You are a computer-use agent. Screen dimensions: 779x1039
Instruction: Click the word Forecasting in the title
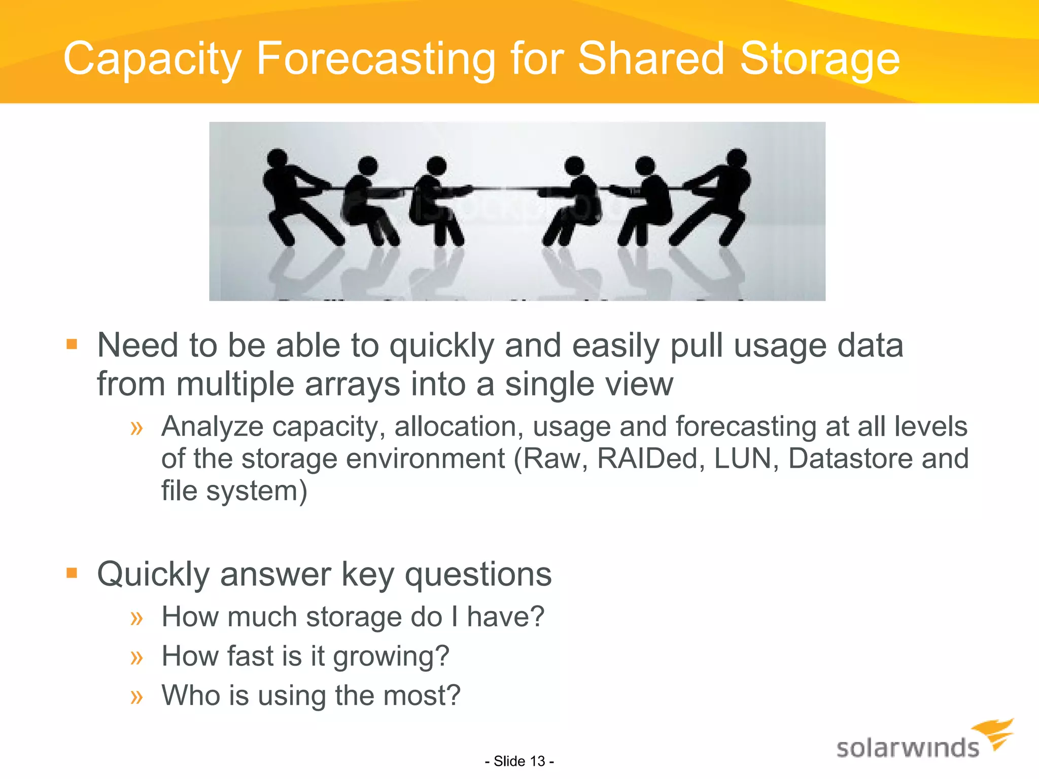coord(376,59)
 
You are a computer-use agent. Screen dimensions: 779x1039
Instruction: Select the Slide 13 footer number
coord(519,761)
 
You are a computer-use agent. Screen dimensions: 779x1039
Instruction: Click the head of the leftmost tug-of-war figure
coord(277,158)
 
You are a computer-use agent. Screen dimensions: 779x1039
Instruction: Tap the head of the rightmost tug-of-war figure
coord(736,158)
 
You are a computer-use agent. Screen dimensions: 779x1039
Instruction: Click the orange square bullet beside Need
coord(72,345)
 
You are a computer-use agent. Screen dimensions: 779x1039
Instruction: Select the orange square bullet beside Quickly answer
coord(72,574)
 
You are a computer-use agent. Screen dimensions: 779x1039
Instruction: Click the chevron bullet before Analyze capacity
coord(136,428)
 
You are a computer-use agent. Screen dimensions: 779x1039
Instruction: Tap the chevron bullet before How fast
coord(136,657)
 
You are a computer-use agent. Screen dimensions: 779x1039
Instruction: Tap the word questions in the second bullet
coord(478,575)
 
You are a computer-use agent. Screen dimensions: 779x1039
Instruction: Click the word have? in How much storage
coord(505,617)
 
